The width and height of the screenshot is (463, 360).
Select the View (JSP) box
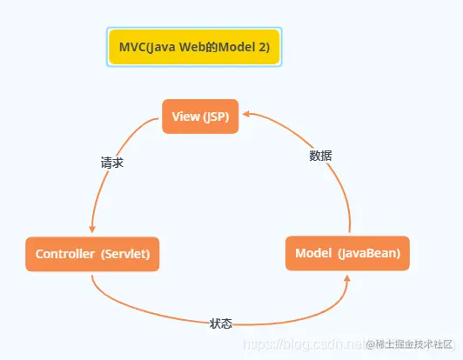point(200,117)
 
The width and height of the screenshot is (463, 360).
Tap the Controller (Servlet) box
point(92,254)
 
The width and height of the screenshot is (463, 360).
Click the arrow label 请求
point(111,162)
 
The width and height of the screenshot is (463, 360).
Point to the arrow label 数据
point(320,156)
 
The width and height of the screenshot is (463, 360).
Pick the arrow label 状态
point(220,323)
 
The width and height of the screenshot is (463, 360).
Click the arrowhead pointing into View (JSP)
point(246,113)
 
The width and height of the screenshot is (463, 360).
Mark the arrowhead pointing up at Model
point(347,277)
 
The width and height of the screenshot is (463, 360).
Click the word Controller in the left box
point(64,254)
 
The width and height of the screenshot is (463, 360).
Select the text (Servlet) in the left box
point(125,254)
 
